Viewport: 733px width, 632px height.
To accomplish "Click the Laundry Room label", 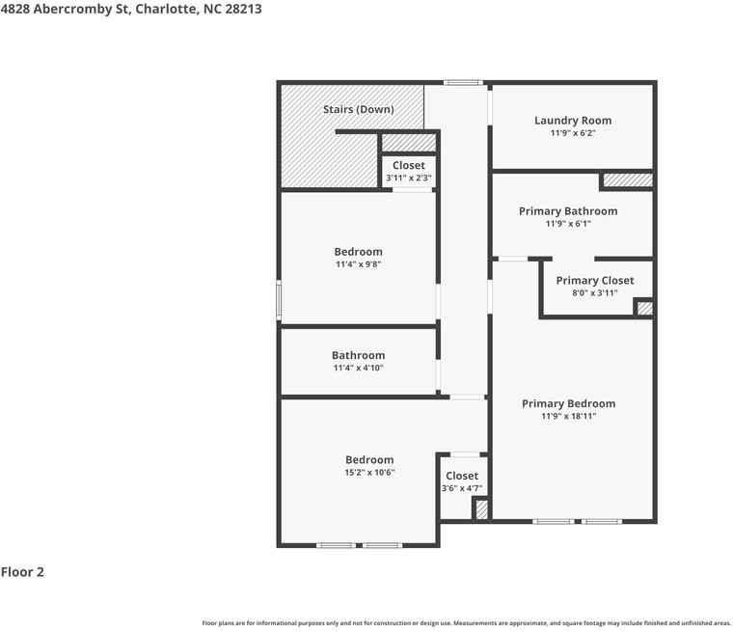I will click(x=573, y=121).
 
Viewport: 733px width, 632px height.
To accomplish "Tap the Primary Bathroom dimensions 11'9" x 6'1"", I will click(x=568, y=224).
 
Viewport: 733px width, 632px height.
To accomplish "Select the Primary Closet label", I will click(x=595, y=281).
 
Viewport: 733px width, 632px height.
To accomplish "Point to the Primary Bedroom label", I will click(x=568, y=403).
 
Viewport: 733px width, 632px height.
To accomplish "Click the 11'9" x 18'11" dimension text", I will click(x=568, y=417).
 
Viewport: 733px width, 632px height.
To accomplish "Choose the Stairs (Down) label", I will click(x=358, y=109).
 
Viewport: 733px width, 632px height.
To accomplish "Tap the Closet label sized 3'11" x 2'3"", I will click(x=408, y=166).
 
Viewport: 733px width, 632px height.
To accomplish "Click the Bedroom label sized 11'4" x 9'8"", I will click(x=359, y=252).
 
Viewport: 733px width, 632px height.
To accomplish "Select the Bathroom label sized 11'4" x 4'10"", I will click(x=358, y=355).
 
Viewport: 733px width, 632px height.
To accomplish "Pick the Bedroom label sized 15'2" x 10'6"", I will click(x=369, y=460).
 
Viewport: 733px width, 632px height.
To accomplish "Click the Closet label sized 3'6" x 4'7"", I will click(x=462, y=476).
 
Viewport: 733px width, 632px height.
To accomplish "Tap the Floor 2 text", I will click(x=22, y=572).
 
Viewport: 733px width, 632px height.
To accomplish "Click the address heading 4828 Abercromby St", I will click(x=130, y=9).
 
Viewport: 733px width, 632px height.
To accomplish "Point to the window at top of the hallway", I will click(x=463, y=83).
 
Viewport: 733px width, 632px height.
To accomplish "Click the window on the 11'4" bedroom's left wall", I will click(x=280, y=300).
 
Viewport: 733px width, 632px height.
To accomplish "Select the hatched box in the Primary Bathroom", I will click(x=628, y=180).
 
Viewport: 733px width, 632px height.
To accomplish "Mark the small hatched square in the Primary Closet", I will click(x=644, y=309).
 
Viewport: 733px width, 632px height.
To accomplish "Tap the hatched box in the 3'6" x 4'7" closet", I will click(x=481, y=508).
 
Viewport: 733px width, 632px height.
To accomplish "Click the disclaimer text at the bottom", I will click(x=466, y=623).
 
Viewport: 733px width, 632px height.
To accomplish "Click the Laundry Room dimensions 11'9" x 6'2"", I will click(x=573, y=133).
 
